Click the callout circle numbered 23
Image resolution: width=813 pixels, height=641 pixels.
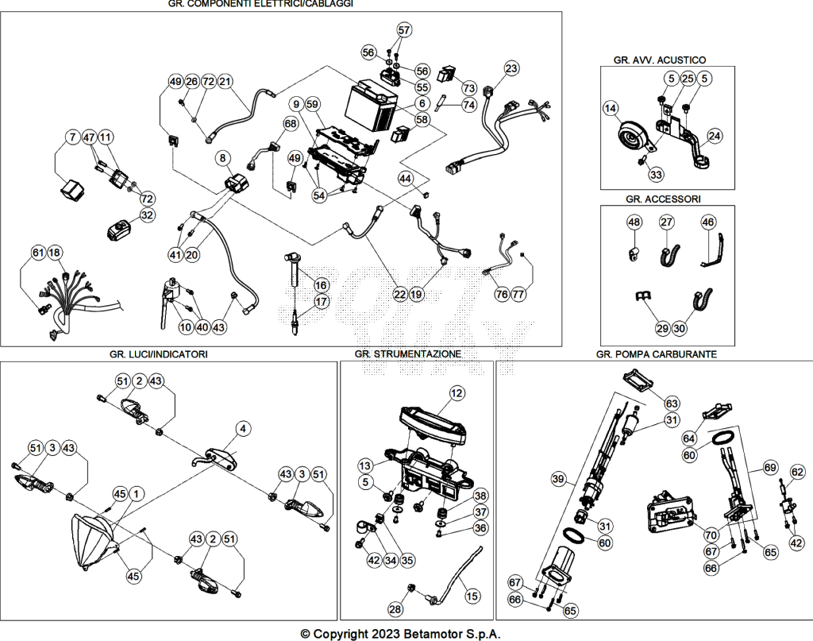(511, 68)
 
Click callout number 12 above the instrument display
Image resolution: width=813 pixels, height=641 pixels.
(457, 393)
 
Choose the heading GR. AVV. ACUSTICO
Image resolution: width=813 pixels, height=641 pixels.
(660, 60)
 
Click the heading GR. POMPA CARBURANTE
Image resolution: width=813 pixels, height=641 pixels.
(657, 354)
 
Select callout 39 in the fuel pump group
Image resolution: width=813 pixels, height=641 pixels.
(558, 479)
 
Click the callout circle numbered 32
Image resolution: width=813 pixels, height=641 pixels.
(147, 214)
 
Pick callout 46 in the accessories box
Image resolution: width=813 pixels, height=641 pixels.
(708, 222)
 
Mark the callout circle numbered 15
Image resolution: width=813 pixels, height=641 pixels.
(472, 597)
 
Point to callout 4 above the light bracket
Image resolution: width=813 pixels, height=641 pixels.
(243, 429)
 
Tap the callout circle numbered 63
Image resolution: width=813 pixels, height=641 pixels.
(672, 404)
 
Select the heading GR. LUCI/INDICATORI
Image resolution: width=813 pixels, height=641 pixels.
(159, 354)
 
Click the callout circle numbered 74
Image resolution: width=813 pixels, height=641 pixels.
(468, 105)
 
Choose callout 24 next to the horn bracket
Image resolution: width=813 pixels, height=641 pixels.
(715, 136)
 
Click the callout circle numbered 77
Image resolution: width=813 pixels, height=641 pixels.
(518, 294)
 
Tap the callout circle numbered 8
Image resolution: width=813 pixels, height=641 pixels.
(222, 157)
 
